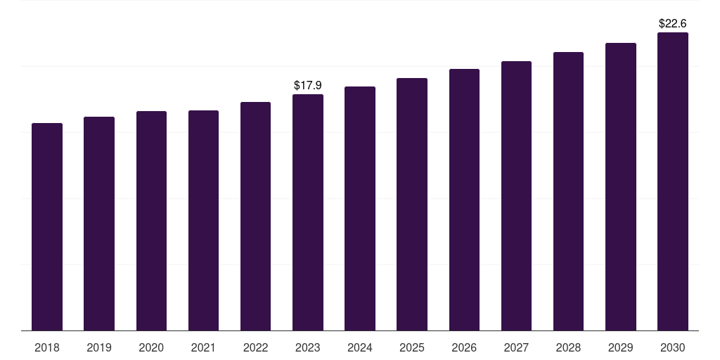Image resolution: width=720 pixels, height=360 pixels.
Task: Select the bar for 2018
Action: [47, 227]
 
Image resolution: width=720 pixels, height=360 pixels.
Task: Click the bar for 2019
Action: [99, 224]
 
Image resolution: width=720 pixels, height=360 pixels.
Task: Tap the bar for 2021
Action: [203, 220]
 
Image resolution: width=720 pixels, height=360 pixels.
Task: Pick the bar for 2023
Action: [308, 212]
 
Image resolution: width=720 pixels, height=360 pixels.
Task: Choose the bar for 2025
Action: [412, 205]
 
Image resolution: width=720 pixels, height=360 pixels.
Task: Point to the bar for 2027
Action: [516, 196]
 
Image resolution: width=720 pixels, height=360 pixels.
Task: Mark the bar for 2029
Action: [621, 187]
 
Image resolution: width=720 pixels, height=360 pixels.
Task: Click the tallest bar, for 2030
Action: [673, 181]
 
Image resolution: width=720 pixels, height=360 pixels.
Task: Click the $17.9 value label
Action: [308, 85]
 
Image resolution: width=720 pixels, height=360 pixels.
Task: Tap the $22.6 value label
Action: [673, 23]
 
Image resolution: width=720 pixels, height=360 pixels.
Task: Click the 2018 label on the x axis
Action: [47, 347]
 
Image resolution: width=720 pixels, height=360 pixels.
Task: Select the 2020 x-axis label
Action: [151, 347]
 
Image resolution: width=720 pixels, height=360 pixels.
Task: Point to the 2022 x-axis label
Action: [255, 347]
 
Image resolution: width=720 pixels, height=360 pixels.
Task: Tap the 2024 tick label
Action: [360, 347]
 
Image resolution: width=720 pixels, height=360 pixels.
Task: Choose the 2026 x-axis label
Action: [464, 347]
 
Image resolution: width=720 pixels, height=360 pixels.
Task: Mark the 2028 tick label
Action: [568, 347]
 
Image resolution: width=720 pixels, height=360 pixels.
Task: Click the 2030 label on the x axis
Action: [673, 347]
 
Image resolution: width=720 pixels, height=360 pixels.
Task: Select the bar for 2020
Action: [151, 221]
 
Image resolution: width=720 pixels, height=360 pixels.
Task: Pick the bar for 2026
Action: [464, 200]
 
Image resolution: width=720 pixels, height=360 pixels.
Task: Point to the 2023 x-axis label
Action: [308, 347]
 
